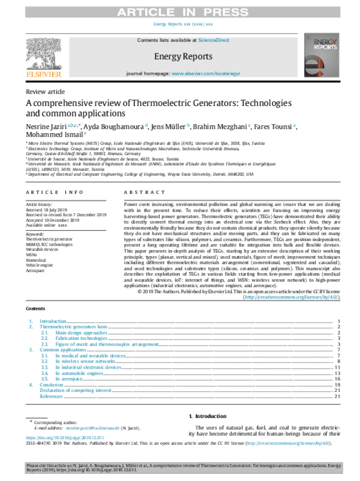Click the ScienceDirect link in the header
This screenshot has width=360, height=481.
click(213, 41)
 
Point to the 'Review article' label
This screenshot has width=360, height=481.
click(45, 91)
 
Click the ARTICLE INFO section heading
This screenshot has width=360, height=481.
click(54, 192)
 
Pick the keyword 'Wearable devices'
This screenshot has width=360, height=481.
click(42, 249)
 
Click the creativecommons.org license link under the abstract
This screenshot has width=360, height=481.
click(291, 297)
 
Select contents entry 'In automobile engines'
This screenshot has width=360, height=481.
click(87, 373)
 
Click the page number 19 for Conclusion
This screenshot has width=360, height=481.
click(337, 385)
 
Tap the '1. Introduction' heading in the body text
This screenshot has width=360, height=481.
click(207, 416)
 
